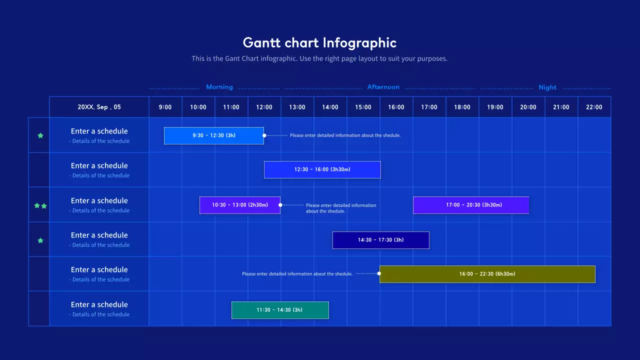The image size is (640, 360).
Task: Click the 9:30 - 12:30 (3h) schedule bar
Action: (x=214, y=135)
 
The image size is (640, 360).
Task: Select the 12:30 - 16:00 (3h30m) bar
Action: (x=322, y=169)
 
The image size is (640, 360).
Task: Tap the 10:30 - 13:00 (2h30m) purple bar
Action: (x=240, y=205)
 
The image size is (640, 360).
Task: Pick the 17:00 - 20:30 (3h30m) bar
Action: (x=471, y=205)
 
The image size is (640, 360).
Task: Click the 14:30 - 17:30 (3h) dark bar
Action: (x=381, y=240)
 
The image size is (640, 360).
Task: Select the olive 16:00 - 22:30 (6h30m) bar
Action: (x=487, y=274)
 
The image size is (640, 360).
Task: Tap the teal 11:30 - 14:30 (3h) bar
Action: (x=280, y=310)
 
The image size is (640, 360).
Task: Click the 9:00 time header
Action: (x=165, y=107)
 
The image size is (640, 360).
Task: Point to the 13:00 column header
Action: (x=297, y=107)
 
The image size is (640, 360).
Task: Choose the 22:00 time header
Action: (x=594, y=107)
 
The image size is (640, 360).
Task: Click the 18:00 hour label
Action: (x=462, y=107)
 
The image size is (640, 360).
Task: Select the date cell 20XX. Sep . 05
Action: (x=99, y=107)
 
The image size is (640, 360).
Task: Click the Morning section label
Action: (x=219, y=87)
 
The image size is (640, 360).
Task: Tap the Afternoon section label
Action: (x=383, y=87)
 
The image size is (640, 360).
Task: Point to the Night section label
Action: (x=547, y=87)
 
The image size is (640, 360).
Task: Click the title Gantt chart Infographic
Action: (x=319, y=42)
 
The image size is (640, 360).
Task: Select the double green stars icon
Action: (x=40, y=205)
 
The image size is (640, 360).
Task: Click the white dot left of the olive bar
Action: (x=379, y=273)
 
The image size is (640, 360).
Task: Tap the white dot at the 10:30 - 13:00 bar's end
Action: (x=280, y=205)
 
